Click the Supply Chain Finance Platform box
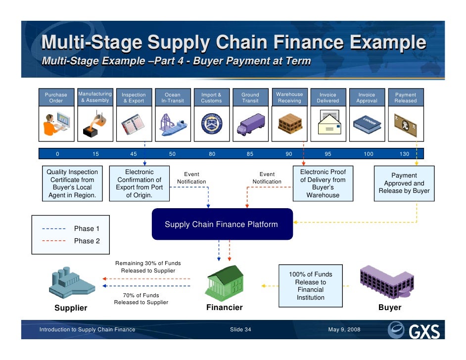coord(222,224)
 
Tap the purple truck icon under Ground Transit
coord(250,124)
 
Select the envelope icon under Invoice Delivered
coord(327,124)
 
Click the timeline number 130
coord(405,154)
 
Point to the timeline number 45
coord(134,154)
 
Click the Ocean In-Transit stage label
coord(173,97)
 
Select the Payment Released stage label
coord(405,97)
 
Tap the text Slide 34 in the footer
coord(240,330)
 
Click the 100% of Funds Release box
coord(310,286)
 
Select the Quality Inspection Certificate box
coord(72,184)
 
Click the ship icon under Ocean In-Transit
coord(173,124)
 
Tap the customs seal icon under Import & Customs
coord(211,124)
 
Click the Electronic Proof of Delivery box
coord(323,184)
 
